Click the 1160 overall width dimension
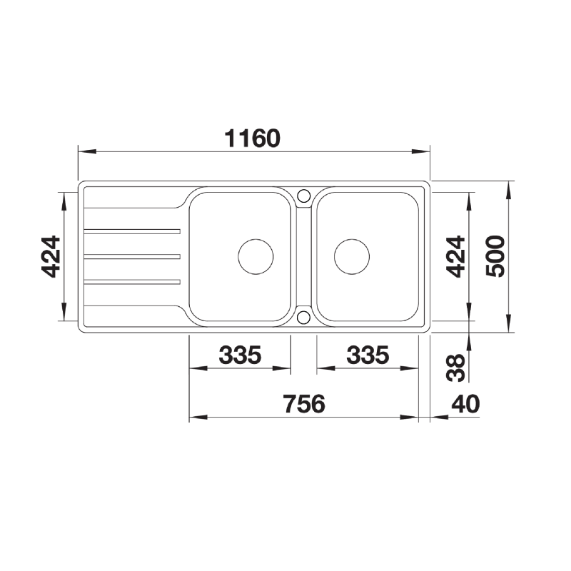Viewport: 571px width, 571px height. (x=253, y=138)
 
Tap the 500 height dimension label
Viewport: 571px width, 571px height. (x=495, y=256)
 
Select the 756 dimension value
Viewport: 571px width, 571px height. (x=305, y=404)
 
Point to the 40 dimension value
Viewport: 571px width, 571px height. (x=466, y=404)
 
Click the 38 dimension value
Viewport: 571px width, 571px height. (x=455, y=368)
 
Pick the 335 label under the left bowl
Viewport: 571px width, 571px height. (x=240, y=355)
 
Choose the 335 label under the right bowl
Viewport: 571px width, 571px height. (x=368, y=355)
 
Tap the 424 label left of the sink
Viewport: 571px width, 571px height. (x=51, y=257)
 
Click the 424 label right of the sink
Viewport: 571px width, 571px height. (x=455, y=257)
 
